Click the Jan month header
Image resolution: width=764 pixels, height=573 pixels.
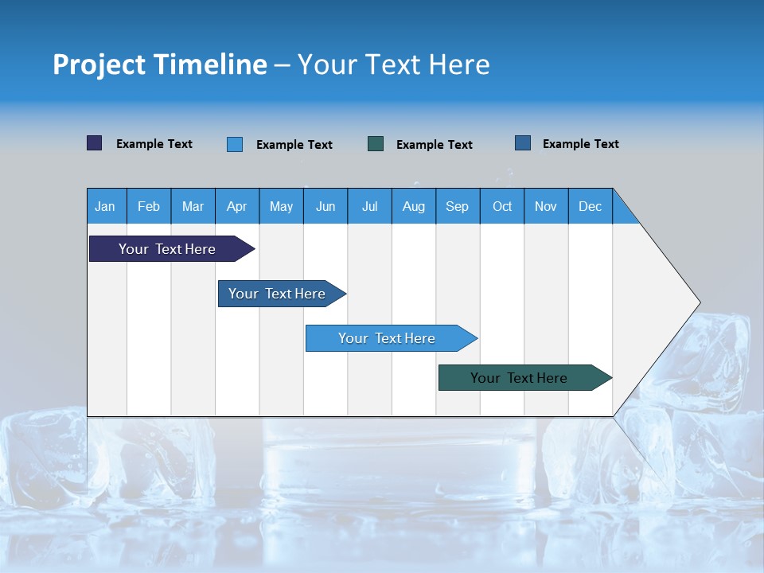pyautogui.click(x=106, y=206)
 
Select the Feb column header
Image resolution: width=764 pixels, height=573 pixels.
pyautogui.click(x=149, y=206)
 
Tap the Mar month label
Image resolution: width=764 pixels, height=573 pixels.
pyautogui.click(x=193, y=206)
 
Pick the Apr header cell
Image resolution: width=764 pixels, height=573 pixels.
pyautogui.click(x=237, y=206)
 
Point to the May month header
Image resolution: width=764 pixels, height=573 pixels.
pyautogui.click(x=281, y=206)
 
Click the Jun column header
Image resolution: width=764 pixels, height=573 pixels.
pyautogui.click(x=325, y=206)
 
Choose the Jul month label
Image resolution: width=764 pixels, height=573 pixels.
pyautogui.click(x=369, y=206)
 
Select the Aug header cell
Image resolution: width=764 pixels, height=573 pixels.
pyautogui.click(x=414, y=206)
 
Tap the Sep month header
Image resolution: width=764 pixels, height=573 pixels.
pyautogui.click(x=458, y=206)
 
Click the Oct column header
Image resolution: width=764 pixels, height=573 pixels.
pyautogui.click(x=502, y=206)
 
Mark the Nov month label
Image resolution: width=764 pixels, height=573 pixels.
pyautogui.click(x=546, y=206)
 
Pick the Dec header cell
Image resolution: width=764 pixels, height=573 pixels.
pyautogui.click(x=591, y=206)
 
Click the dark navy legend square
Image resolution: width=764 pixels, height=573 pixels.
pyautogui.click(x=95, y=143)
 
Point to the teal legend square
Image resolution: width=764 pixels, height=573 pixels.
pyautogui.click(x=376, y=143)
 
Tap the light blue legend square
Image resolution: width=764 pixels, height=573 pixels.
pyautogui.click(x=235, y=144)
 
